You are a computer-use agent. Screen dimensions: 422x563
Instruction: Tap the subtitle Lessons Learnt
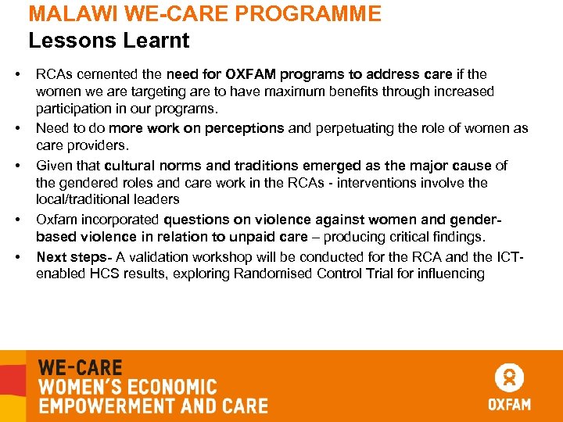coord(109,40)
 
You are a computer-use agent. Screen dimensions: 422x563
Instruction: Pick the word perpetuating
coord(354,128)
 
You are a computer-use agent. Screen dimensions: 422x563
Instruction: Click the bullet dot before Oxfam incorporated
coord(16,220)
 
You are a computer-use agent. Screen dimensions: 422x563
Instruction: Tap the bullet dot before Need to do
coord(16,128)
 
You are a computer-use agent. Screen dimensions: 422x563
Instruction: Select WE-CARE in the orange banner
coord(81,367)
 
